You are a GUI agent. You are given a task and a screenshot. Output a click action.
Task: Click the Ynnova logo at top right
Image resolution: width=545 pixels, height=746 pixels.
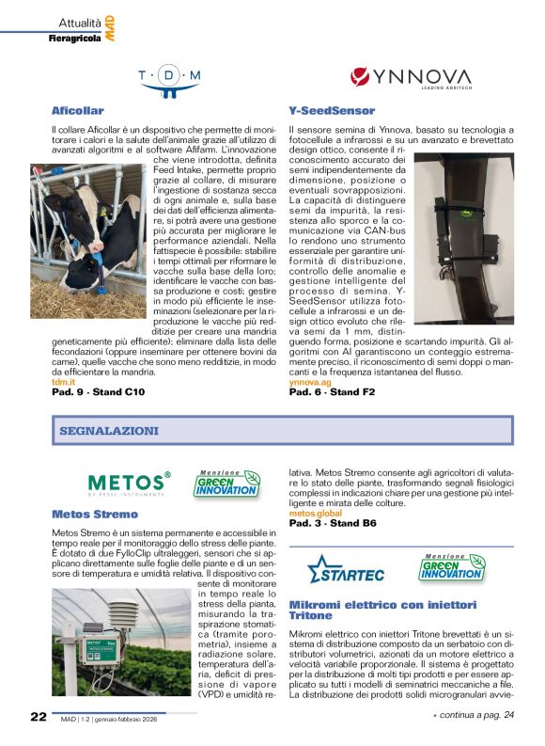(x=411, y=78)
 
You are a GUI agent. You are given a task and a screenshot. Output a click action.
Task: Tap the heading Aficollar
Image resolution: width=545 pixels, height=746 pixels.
(x=78, y=111)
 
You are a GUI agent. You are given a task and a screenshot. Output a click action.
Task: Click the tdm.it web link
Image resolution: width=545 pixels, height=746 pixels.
(x=63, y=382)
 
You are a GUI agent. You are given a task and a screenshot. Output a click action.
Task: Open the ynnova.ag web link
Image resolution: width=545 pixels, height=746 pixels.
(x=309, y=382)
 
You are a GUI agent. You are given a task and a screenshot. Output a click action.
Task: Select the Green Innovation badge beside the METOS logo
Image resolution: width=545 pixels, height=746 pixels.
(x=226, y=484)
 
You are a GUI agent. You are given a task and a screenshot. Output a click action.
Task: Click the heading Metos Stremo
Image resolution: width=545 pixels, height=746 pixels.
(x=95, y=515)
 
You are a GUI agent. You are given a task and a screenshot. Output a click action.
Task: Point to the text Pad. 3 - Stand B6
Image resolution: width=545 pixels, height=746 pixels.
(x=333, y=523)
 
